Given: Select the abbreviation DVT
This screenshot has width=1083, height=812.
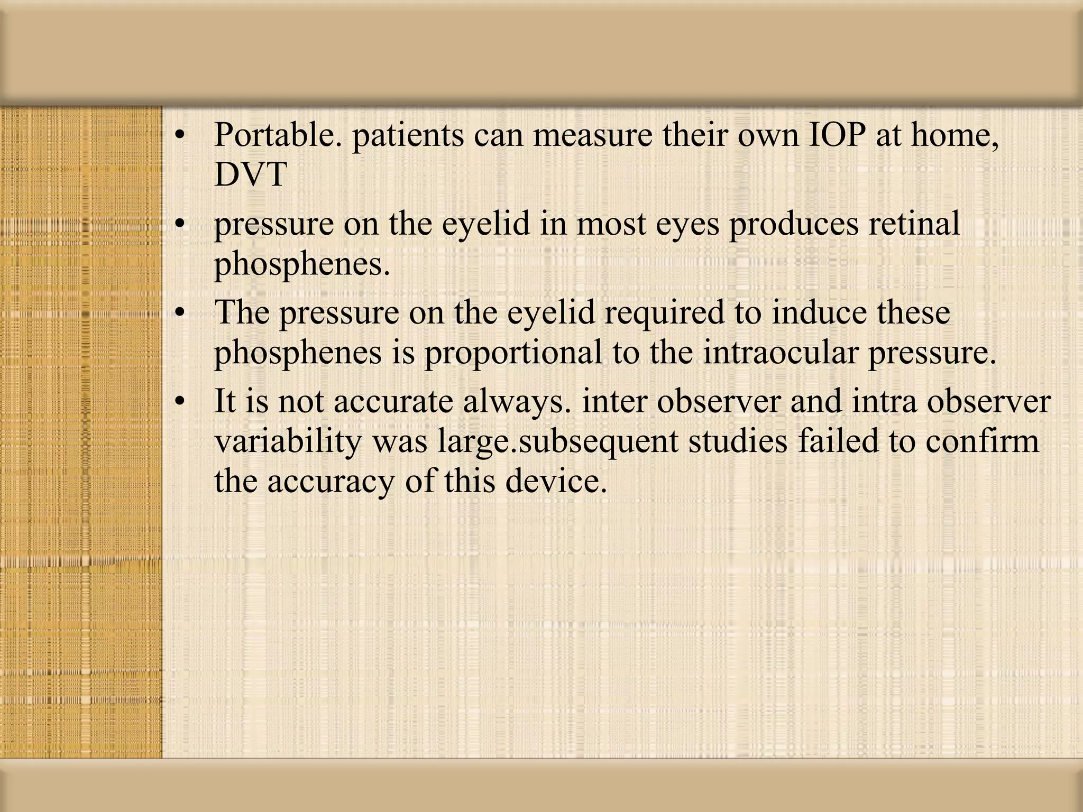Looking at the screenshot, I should click(x=251, y=175).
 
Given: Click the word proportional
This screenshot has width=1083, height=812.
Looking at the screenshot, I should click(x=513, y=353).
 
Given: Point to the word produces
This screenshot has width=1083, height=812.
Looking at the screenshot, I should click(x=794, y=224).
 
